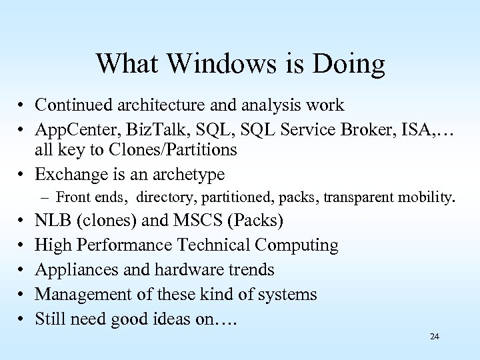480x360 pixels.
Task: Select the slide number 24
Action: point(435,337)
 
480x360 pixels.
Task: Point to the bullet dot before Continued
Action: point(22,105)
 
